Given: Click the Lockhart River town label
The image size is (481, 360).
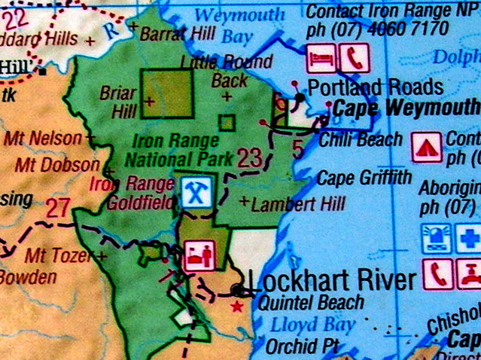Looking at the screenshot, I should click(331, 281).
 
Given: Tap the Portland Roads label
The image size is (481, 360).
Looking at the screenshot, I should click(376, 86).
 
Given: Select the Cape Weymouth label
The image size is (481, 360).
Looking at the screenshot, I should click(406, 108).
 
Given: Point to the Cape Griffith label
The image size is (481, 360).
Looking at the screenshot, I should click(364, 178).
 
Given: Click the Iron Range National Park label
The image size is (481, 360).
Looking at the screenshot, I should click(173, 149).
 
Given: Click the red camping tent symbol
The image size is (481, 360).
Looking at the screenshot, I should click(427, 146).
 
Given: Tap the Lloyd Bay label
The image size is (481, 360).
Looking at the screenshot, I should click(313, 325).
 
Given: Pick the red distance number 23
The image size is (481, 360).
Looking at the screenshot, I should click(249, 158).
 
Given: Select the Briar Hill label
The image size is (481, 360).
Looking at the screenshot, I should click(118, 102).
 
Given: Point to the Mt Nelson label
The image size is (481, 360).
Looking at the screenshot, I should click(43, 138).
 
